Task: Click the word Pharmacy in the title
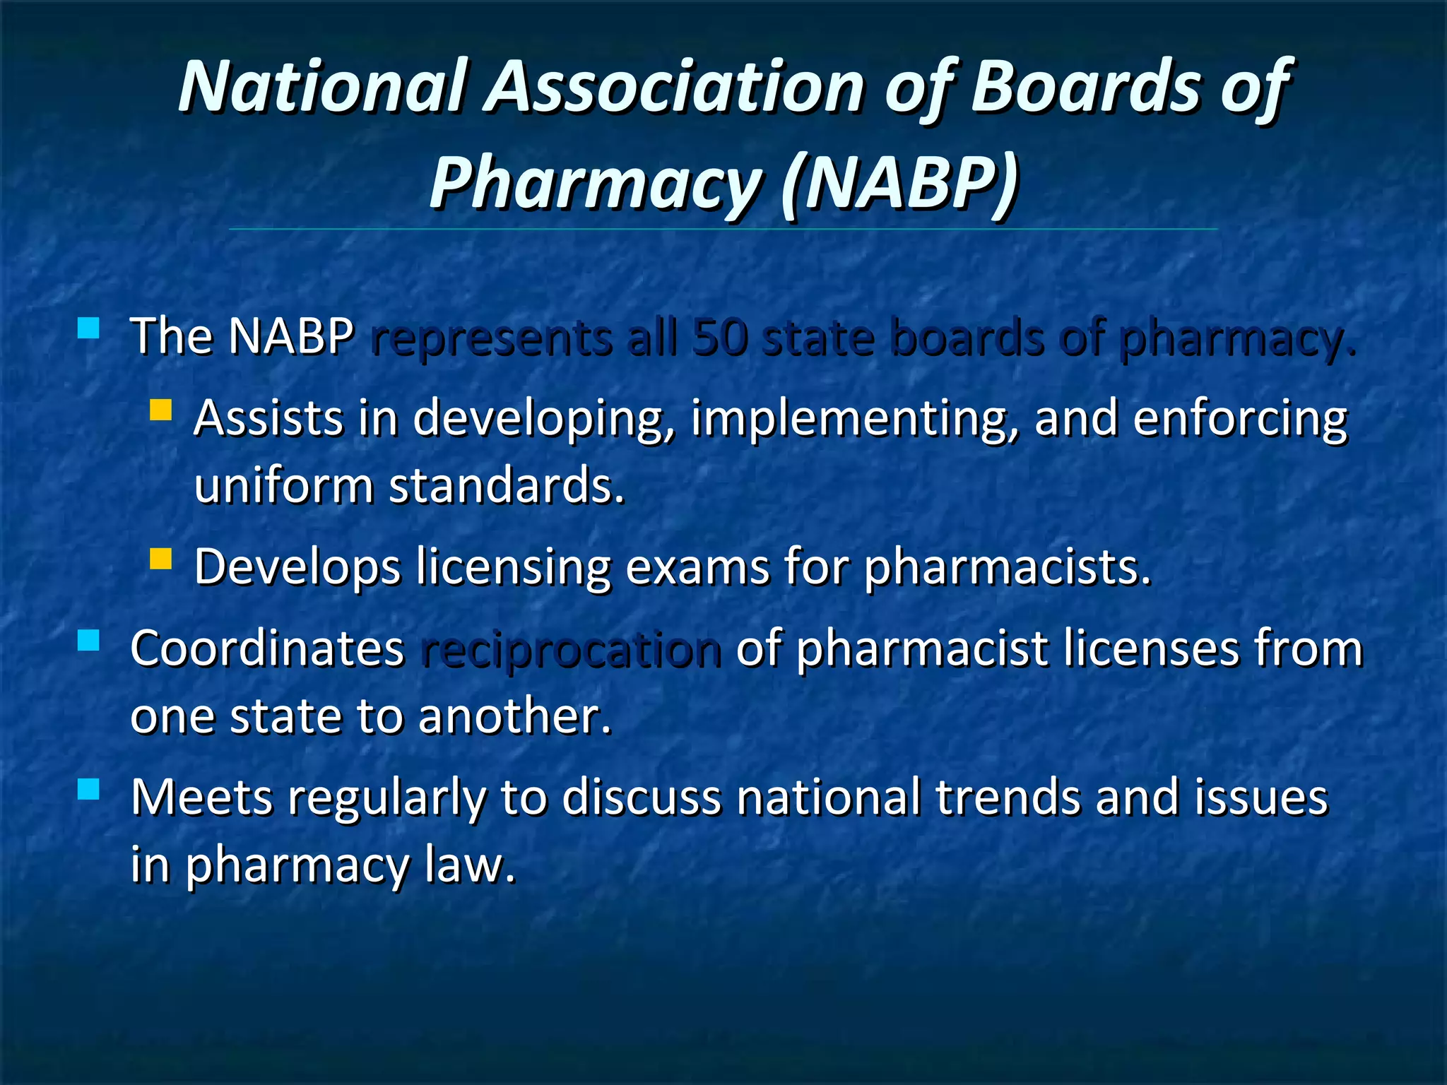593,184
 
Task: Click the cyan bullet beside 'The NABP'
88,328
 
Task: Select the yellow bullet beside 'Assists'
161,410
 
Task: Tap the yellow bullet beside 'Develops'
161,559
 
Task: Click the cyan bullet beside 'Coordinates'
88,641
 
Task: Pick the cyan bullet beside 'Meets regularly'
88,789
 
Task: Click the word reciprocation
571,650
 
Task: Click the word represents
491,338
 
